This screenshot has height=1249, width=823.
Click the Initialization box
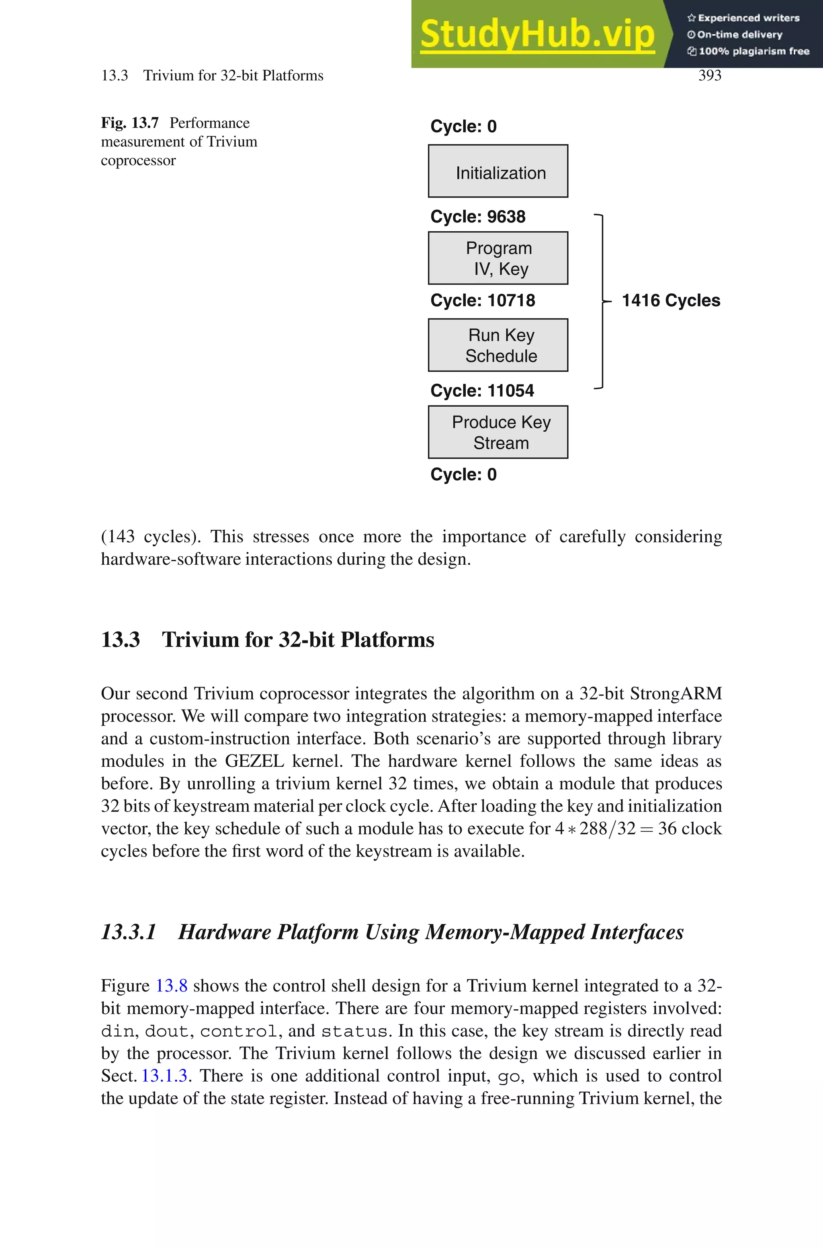coord(497,171)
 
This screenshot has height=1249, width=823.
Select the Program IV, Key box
coord(497,258)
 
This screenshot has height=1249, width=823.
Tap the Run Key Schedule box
coord(497,345)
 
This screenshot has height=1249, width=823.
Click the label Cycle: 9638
coord(478,216)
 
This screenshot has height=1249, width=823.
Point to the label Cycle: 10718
coord(482,300)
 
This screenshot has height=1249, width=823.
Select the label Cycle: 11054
coord(482,391)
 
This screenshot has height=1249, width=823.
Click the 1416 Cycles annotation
coord(671,300)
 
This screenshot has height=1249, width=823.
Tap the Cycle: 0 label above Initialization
coord(463,127)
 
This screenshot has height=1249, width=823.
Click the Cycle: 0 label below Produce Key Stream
coord(463,474)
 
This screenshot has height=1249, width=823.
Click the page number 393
coord(710,76)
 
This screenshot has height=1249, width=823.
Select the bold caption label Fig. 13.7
coord(130,123)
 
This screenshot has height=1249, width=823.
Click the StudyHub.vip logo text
coord(537,34)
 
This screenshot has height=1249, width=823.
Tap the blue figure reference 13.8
coord(172,986)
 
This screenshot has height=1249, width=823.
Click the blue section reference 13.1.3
coord(164,1076)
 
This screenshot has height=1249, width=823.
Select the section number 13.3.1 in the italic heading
coord(129,932)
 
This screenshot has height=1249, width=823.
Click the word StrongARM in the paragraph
coord(676,693)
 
